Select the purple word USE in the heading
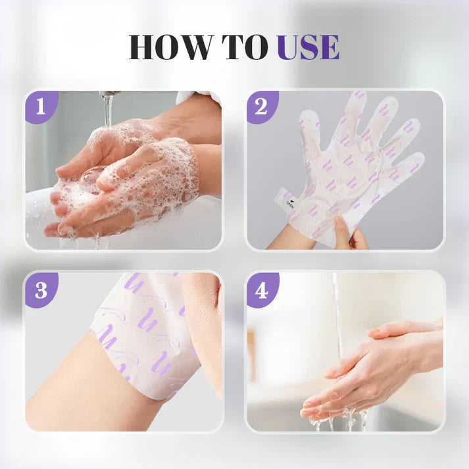pyautogui.click(x=309, y=48)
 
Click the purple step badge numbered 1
pyautogui.click(x=40, y=106)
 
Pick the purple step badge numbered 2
pyautogui.click(x=261, y=106)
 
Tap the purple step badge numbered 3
pyautogui.click(x=40, y=288)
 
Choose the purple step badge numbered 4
pyautogui.click(x=261, y=288)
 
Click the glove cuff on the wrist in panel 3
pyautogui.click(x=145, y=329)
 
